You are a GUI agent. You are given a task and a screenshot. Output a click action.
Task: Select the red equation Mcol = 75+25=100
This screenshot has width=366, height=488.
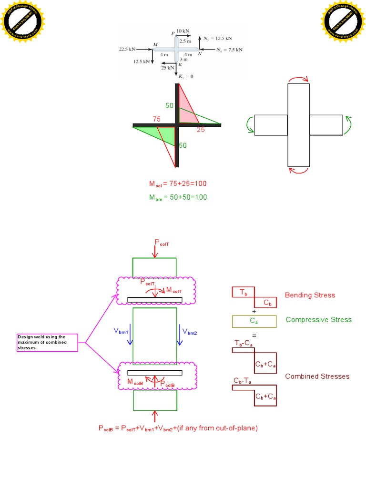coord(178,183)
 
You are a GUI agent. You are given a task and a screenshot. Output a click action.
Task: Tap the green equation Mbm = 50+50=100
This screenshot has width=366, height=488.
coord(178,197)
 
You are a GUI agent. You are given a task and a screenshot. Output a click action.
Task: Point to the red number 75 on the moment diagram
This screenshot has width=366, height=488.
coord(157,119)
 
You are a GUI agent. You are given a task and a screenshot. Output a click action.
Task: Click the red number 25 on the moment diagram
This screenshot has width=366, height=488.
coord(201,130)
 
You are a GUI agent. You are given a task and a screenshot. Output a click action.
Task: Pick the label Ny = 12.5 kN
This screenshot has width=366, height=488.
coord(217,38)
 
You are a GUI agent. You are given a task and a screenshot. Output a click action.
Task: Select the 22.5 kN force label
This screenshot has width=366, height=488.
coord(127,49)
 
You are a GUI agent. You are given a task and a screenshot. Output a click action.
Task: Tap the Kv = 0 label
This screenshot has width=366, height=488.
coord(185,76)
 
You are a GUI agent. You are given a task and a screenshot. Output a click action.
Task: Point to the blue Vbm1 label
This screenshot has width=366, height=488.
coord(121,330)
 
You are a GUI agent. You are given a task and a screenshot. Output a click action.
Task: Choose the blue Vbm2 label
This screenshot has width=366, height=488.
coord(187,330)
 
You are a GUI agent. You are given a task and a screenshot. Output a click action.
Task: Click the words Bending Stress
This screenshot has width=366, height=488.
coord(310,295)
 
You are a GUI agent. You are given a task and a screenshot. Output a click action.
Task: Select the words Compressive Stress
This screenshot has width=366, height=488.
coord(318,320)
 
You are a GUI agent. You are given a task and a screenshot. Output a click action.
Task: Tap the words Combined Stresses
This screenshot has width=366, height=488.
coord(317,376)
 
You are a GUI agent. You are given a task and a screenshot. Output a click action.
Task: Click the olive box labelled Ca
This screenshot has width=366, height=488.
coord(254,321)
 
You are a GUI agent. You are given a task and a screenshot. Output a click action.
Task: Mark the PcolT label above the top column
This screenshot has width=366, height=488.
coord(162,243)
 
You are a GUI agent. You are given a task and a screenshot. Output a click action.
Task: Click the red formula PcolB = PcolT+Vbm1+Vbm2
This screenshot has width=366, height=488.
coord(178,428)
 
